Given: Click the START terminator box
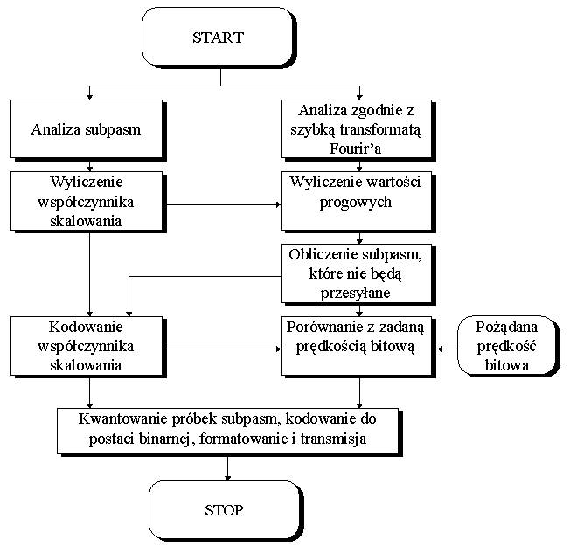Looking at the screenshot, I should pyautogui.click(x=219, y=38).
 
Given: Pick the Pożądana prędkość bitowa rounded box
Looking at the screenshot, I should pyautogui.click(x=507, y=347).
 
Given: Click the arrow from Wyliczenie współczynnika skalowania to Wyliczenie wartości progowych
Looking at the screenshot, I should pyautogui.click(x=223, y=205).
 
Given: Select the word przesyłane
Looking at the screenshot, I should pyautogui.click(x=358, y=293).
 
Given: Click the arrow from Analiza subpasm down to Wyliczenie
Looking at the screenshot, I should pyautogui.click(x=88, y=163).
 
